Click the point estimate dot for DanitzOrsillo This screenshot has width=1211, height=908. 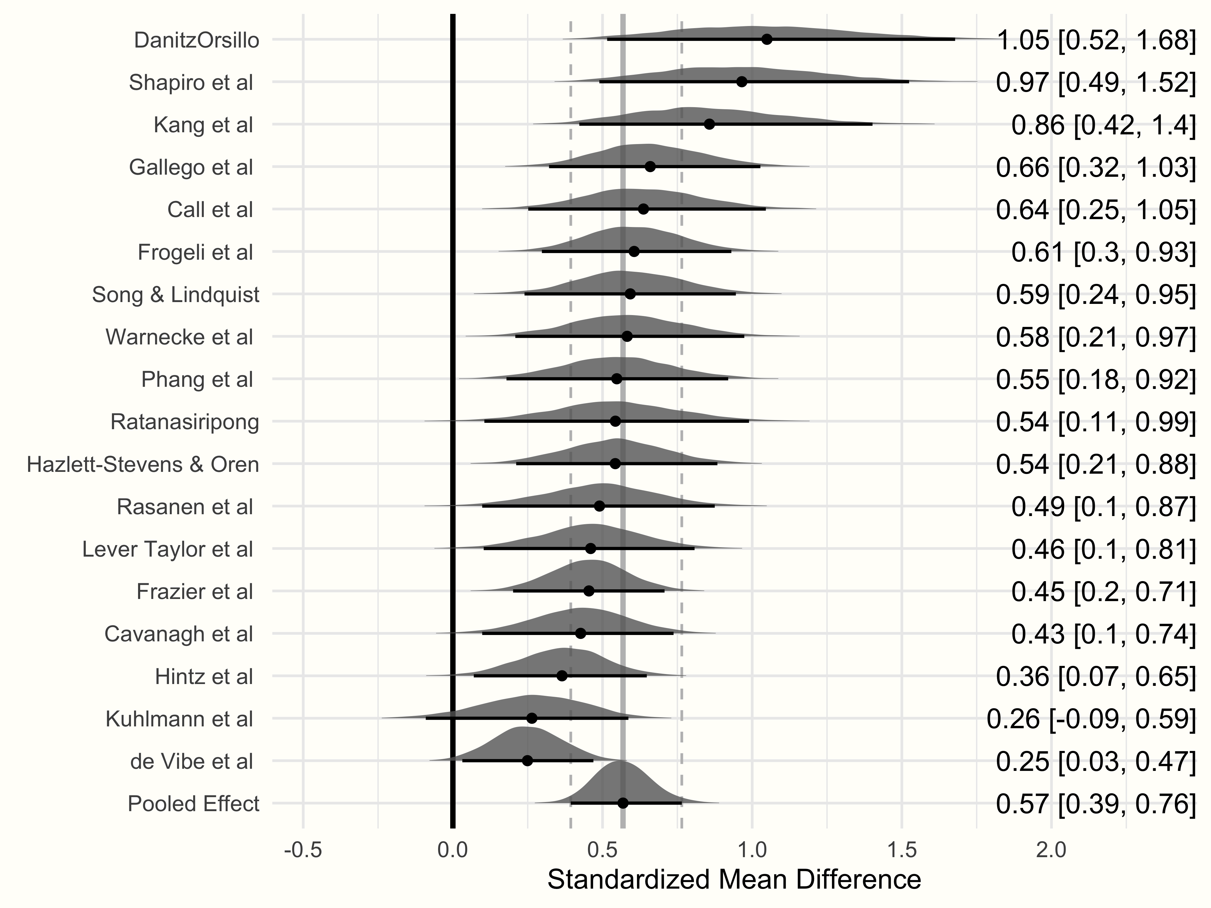point(767,39)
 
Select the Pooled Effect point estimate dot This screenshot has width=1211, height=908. point(623,803)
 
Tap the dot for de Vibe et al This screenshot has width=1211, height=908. point(527,760)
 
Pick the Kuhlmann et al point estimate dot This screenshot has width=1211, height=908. point(532,718)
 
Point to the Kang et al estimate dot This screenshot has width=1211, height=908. point(709,124)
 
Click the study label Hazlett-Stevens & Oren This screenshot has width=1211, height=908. point(143,464)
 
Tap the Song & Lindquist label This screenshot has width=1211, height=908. point(176,294)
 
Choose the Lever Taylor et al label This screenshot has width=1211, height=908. point(167,549)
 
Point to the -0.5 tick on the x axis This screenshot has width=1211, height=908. point(303,850)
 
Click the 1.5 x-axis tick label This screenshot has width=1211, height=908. point(902,850)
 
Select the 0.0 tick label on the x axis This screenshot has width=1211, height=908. point(453,850)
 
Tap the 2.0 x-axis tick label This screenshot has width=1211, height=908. point(1051,850)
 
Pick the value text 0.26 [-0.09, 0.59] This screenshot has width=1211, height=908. point(1091,719)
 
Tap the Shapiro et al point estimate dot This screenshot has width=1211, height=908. point(742,81)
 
